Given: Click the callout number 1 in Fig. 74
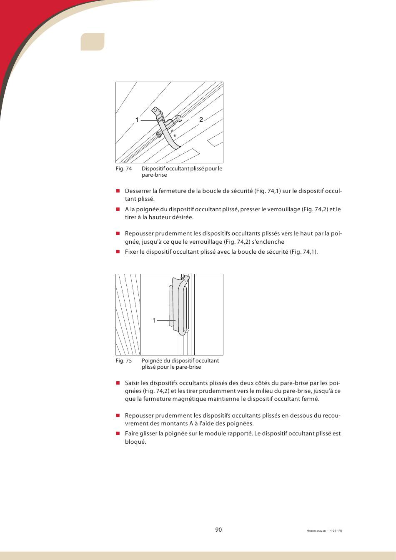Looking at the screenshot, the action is click(x=137, y=120).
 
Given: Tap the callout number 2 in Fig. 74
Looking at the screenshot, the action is click(x=201, y=120).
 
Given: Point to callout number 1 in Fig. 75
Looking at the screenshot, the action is click(x=154, y=320).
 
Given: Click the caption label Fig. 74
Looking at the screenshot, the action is click(x=123, y=168).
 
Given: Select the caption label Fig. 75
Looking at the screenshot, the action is click(x=123, y=360).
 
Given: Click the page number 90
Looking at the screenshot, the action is click(x=218, y=530).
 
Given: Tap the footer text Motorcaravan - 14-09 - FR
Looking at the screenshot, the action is click(x=324, y=531).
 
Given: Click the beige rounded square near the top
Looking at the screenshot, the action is click(x=92, y=42).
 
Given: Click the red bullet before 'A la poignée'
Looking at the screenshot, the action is click(x=118, y=209).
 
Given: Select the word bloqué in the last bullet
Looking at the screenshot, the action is click(x=135, y=442).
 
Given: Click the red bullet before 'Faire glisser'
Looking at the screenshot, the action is click(x=118, y=433).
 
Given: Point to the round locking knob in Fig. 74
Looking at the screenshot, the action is click(x=179, y=118).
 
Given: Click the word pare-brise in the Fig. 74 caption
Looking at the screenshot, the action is click(x=154, y=175).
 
